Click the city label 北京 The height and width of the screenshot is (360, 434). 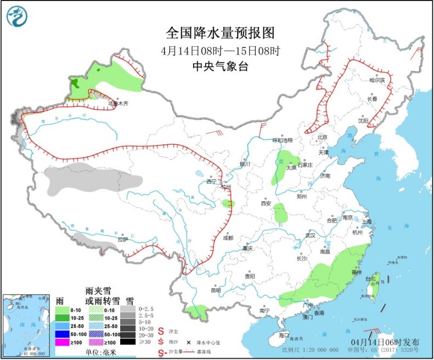click(x=322, y=137)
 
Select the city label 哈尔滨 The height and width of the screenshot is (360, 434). click(x=377, y=80)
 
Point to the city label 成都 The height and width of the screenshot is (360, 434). click(x=228, y=238)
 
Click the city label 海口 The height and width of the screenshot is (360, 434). click(x=284, y=335)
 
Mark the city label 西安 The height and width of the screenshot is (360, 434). click(x=267, y=203)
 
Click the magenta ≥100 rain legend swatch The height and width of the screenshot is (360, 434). click(x=63, y=342)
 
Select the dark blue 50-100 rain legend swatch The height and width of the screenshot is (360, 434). click(x=63, y=334)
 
